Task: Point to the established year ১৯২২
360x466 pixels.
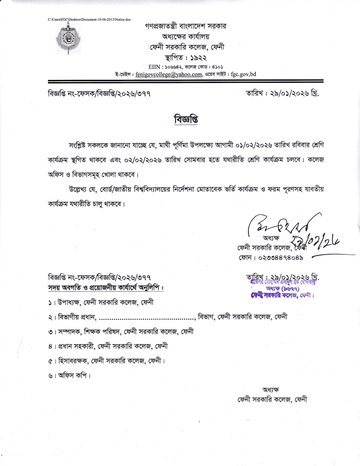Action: [x=199, y=57]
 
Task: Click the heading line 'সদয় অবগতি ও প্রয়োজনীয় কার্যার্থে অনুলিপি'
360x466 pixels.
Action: [x=112, y=288]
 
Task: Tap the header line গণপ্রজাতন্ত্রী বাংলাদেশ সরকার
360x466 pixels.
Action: [x=185, y=26]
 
